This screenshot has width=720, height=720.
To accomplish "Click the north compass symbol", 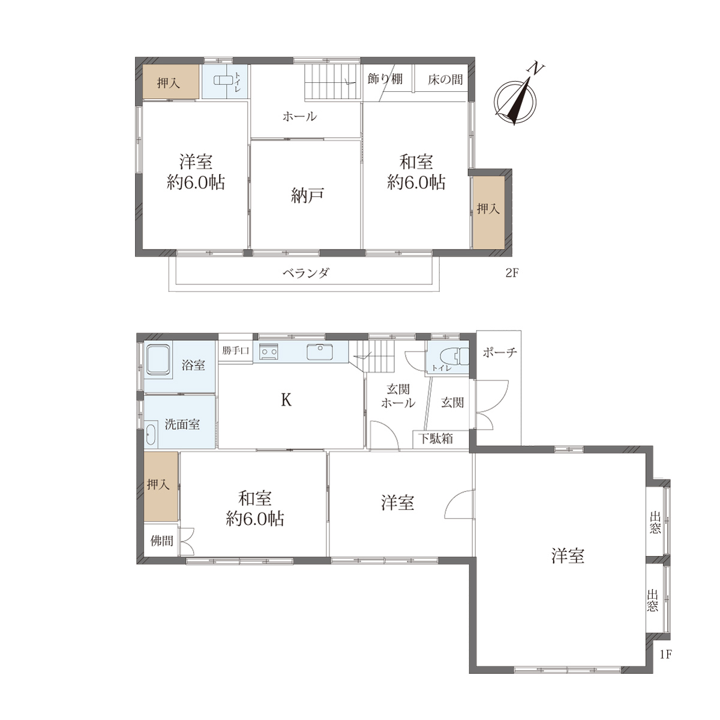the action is tap(515, 99).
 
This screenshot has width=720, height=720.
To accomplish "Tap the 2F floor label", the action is tap(512, 273).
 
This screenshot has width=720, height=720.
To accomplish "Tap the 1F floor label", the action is tap(666, 654).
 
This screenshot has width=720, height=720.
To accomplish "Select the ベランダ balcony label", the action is tap(305, 273).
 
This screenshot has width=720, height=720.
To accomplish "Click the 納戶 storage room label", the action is tap(307, 196).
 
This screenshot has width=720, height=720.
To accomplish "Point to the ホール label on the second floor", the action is tap(299, 116).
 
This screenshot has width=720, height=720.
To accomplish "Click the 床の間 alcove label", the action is tap(445, 80).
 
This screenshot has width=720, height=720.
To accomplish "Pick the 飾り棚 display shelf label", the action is tap(385, 79).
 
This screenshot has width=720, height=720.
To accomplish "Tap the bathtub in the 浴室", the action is tap(159, 359).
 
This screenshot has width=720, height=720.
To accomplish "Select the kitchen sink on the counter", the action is tap(320, 352).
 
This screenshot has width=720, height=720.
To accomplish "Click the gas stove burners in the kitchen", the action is tap(269, 352).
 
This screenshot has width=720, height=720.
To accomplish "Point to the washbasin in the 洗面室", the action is tap(150, 434).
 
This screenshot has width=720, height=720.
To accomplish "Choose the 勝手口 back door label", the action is tap(235, 350).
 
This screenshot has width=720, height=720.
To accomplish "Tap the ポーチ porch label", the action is tap(500, 352).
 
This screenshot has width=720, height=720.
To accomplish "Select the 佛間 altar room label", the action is tap(162, 540).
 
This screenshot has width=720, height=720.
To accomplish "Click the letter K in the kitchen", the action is tap(286, 400).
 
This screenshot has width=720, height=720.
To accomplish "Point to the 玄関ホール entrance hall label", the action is tap(398, 396).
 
